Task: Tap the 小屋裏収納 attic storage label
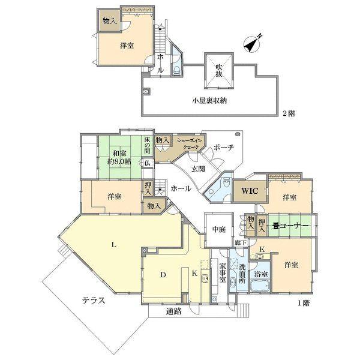point(211,100)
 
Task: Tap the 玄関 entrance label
point(199,169)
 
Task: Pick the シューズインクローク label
point(190,143)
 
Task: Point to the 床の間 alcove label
point(147,146)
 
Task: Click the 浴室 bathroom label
point(261,274)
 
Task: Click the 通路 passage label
point(175,311)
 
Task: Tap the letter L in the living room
point(113,244)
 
